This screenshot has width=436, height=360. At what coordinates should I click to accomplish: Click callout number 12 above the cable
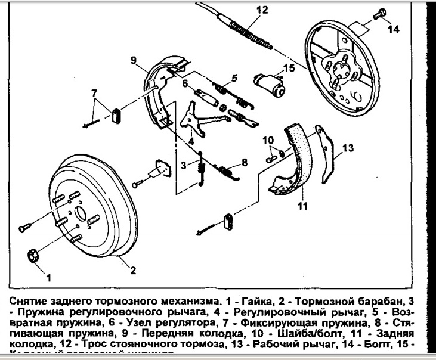[x=246, y=10]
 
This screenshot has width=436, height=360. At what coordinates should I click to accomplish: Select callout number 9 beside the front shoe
[x=135, y=60]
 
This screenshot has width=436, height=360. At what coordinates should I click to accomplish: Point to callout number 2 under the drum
[x=133, y=271]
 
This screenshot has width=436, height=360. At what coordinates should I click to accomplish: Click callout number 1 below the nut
[x=48, y=277]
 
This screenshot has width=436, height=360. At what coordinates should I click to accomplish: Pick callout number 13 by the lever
[x=348, y=147]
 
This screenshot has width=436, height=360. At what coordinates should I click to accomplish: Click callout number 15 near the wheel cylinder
[x=289, y=69]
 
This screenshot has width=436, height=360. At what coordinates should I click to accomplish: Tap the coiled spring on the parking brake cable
[x=246, y=28]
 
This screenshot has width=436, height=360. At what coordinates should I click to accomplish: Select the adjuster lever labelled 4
[x=193, y=117]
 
